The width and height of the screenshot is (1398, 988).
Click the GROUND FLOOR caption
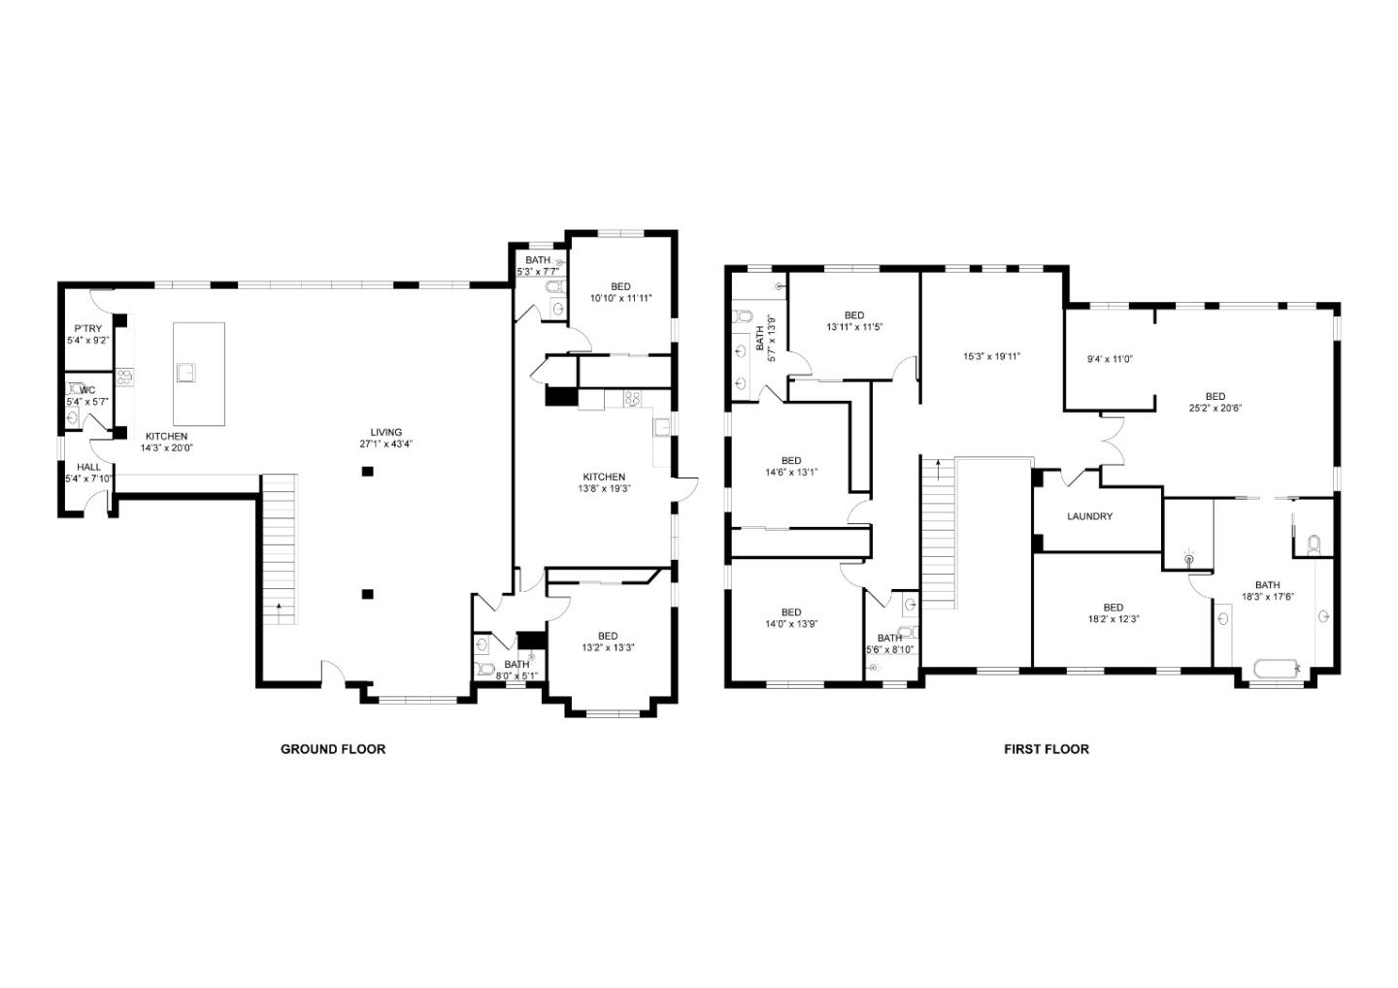[x=333, y=749]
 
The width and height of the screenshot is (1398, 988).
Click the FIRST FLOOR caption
[x=1046, y=749]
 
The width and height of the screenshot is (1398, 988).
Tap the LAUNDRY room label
[x=1089, y=516]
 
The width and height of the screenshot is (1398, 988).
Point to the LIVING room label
[x=385, y=432]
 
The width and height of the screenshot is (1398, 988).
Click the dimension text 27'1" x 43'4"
[x=385, y=445]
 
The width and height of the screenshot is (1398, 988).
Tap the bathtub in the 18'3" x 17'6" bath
[x=1273, y=668]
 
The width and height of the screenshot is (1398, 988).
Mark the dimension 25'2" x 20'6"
[x=1215, y=409]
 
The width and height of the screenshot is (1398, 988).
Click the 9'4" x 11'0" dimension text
[x=1110, y=359]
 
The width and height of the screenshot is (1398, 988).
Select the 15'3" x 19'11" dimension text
[x=991, y=356]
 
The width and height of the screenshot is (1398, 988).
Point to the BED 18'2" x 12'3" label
[x=1113, y=608]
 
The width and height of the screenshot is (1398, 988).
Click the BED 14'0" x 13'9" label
[x=791, y=612]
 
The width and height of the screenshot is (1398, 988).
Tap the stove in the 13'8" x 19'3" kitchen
[x=631, y=397]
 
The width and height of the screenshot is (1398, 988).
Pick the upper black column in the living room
[x=368, y=472]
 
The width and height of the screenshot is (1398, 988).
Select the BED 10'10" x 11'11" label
[x=620, y=286]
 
